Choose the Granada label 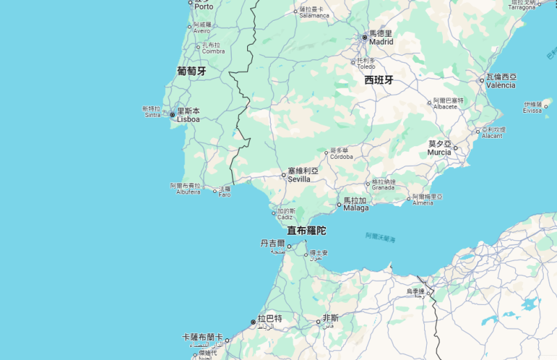click(383, 187)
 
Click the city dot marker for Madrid click(364, 37)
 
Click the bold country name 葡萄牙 click(191, 71)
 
